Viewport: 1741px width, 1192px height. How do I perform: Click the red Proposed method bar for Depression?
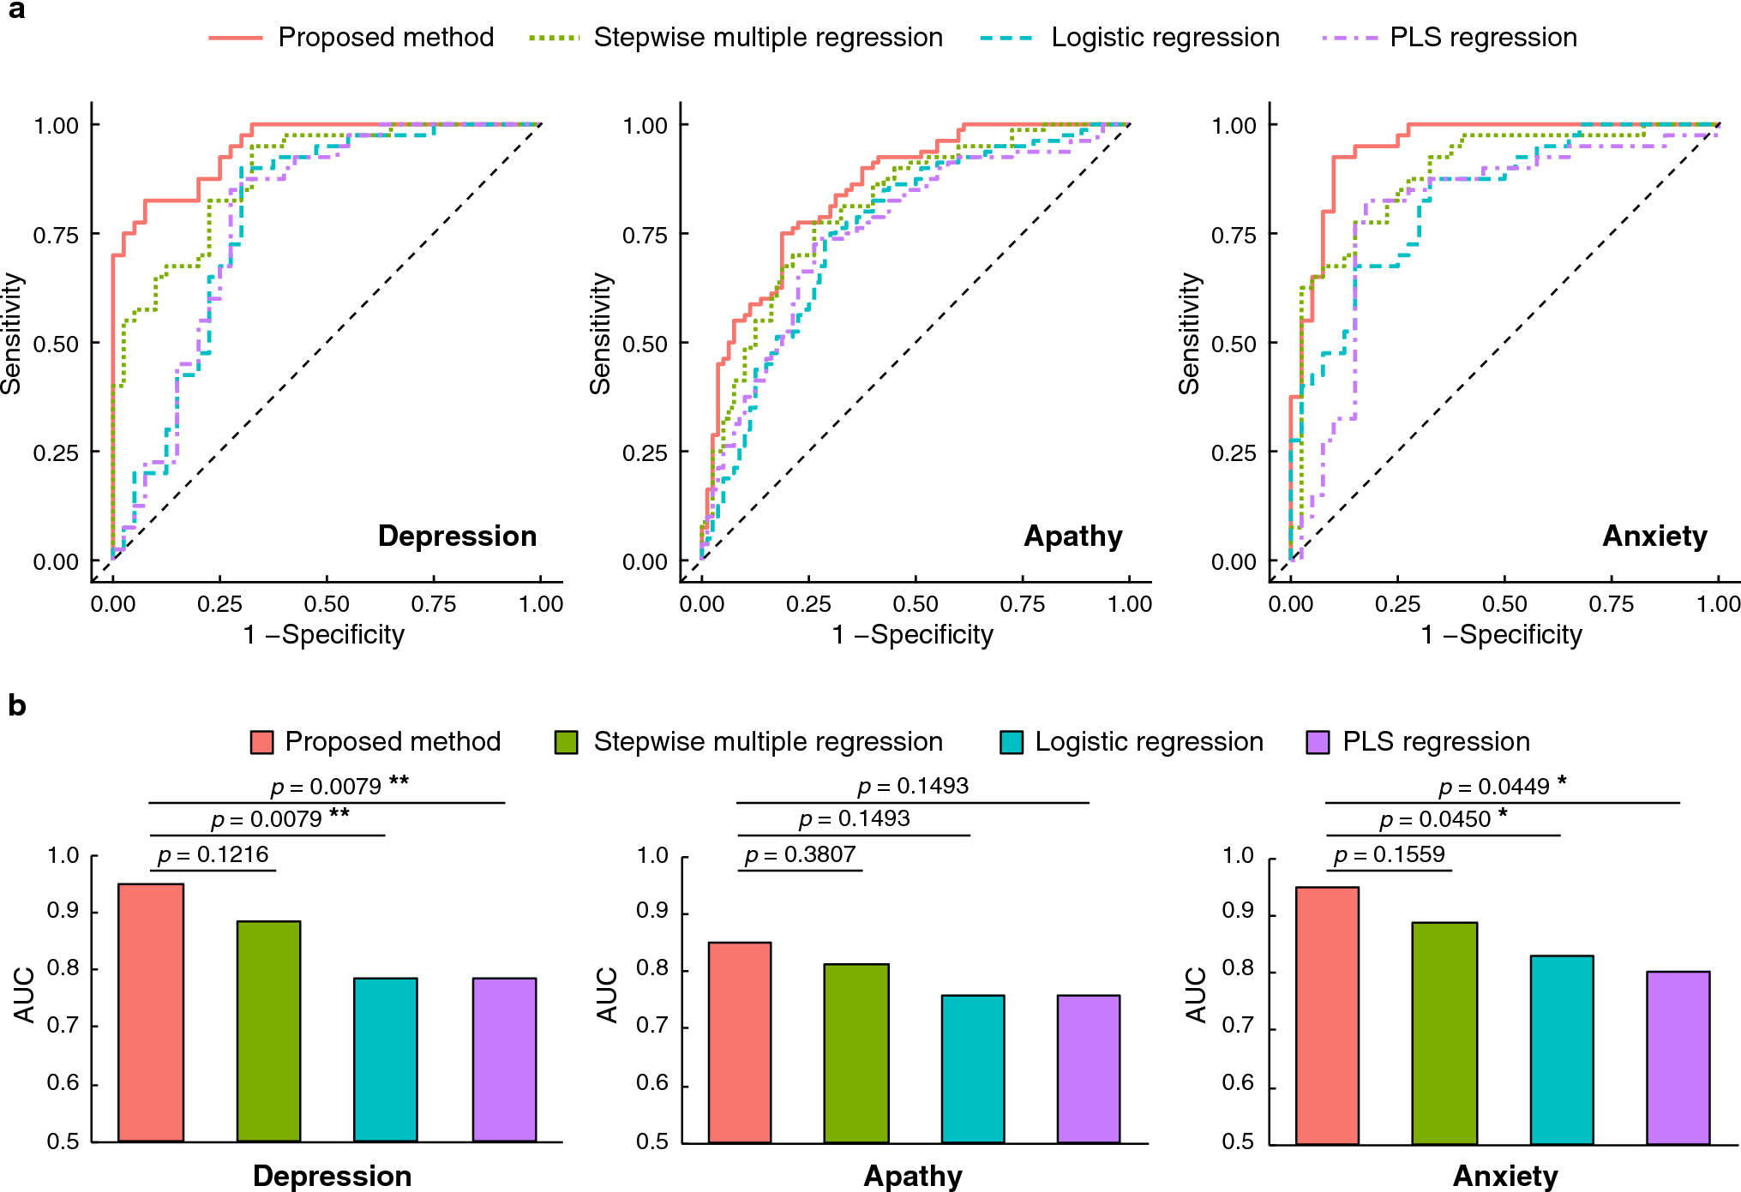click(151, 1012)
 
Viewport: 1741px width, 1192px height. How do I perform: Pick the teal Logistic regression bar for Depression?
click(386, 1059)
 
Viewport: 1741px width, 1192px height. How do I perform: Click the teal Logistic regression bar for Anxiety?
click(1562, 1049)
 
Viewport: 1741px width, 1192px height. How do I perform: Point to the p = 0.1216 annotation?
click(213, 854)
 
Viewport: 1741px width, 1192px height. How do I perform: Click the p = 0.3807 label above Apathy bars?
click(800, 854)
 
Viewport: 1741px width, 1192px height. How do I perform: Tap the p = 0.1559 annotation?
click(1389, 854)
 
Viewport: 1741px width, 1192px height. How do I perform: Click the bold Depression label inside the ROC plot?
click(457, 536)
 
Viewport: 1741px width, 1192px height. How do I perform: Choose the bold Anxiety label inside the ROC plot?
click(1654, 536)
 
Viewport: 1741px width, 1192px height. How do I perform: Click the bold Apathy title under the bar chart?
click(913, 1176)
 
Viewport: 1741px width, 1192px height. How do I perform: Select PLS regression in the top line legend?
click(1483, 38)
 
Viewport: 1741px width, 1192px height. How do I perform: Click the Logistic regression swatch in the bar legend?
click(1012, 742)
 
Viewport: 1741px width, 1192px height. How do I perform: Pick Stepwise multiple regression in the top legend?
click(768, 38)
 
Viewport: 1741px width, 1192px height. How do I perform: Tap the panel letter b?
click(17, 705)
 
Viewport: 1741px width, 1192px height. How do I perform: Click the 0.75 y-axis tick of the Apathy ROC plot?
click(645, 235)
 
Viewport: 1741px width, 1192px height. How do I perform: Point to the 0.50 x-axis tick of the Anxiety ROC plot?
click(1504, 604)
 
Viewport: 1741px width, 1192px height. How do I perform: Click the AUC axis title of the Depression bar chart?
click(24, 995)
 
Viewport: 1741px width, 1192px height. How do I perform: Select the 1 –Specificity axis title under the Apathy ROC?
click(912, 635)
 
